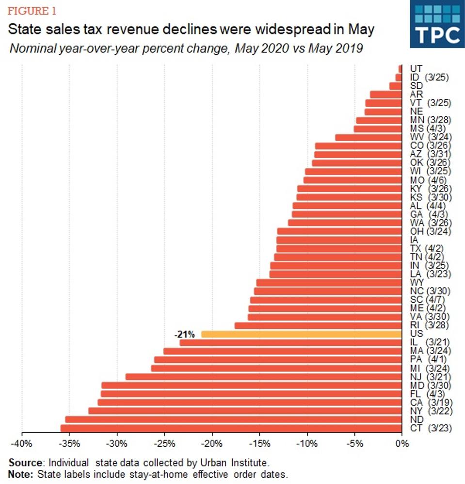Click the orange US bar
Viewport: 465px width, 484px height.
point(301,334)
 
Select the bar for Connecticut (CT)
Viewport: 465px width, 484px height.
point(231,428)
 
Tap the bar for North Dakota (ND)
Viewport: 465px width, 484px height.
point(233,419)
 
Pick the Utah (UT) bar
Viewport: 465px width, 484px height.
point(400,68)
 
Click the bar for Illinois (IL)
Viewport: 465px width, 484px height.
point(290,343)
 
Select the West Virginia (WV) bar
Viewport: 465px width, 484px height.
point(368,137)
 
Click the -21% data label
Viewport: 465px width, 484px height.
point(184,334)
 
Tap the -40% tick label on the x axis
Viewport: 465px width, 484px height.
point(22,443)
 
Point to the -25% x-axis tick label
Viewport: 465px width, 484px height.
point(164,443)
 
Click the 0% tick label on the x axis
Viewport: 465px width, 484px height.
point(401,443)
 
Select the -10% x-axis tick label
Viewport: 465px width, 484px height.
point(306,443)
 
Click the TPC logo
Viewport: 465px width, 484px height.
point(437,24)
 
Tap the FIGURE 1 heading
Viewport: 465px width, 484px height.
point(28,11)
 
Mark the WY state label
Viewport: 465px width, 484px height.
point(417,282)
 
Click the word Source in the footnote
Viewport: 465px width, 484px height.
point(23,463)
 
